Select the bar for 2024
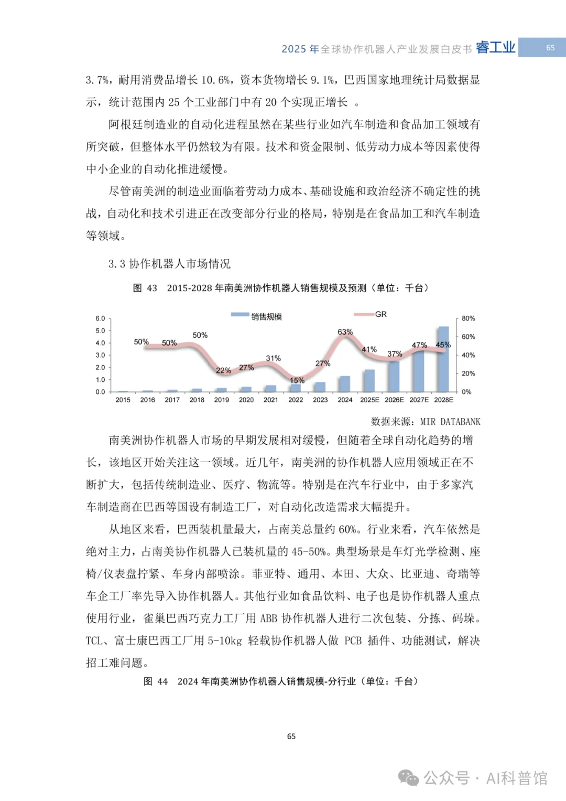pos(345,384)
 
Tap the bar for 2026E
pos(394,376)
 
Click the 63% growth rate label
pos(345,332)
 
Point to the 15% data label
pos(297,380)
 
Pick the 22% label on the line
pos(223,370)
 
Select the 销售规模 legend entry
pos(266,316)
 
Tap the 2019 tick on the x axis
pos(222,400)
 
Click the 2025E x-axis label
pos(369,400)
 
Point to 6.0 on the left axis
pos(100,318)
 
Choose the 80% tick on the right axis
pos(468,318)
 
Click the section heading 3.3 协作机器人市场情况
pos(169,264)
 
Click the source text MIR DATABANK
pos(450,422)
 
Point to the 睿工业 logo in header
pos(495,48)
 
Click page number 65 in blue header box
pos(550,48)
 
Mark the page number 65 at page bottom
pos(291,736)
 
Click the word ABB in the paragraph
pos(268,618)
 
